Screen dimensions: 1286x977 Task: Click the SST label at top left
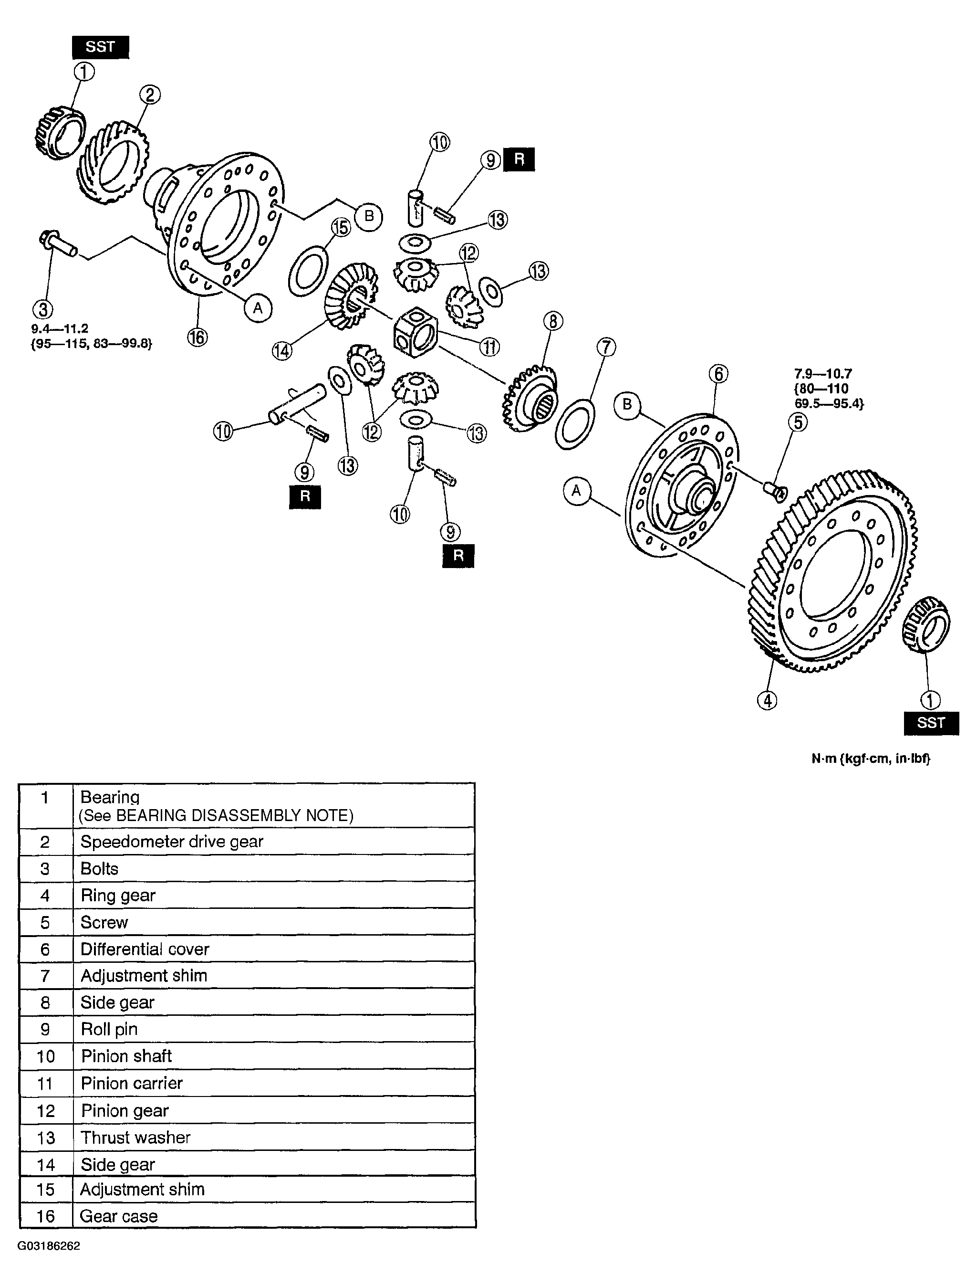[x=100, y=47]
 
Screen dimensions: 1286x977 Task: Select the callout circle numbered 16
[x=197, y=337]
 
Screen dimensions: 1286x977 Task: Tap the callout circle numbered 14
[x=282, y=350]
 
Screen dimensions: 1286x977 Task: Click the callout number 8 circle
[x=552, y=321]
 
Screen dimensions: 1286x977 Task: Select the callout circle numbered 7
[x=606, y=348]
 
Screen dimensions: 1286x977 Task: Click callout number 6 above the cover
[x=718, y=374]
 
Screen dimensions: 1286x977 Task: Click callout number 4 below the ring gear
[x=767, y=700]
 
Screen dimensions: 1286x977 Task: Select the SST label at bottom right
[x=930, y=723]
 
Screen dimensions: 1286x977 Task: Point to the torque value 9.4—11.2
[x=60, y=329]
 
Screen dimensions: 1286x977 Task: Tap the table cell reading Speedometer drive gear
[x=172, y=842]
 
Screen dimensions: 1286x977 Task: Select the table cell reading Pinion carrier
[x=132, y=1083]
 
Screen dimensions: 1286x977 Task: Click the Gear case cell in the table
[x=119, y=1216]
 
